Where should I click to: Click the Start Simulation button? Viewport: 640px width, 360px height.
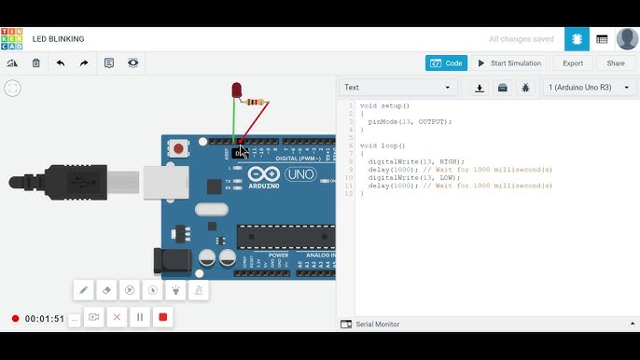click(510, 63)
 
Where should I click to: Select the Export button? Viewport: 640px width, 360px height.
click(572, 63)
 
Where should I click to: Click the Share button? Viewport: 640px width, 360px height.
click(616, 63)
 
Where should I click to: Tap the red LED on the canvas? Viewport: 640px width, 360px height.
click(237, 90)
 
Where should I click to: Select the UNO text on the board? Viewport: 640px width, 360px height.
click(300, 174)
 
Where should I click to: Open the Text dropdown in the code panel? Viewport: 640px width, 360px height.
click(397, 88)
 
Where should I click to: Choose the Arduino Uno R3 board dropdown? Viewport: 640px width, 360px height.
click(590, 88)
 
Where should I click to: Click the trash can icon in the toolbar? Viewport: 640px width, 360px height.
click(36, 63)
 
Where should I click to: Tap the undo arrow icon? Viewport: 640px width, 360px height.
click(61, 63)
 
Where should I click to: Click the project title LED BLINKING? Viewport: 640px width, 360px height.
click(58, 39)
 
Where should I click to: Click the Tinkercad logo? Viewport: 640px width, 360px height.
click(12, 39)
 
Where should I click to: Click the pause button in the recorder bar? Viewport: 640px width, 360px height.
click(140, 317)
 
